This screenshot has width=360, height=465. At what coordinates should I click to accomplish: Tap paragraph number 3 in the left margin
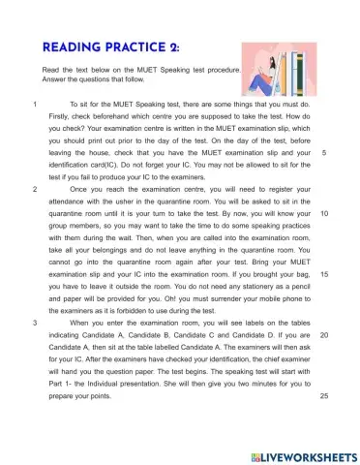point(35,322)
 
